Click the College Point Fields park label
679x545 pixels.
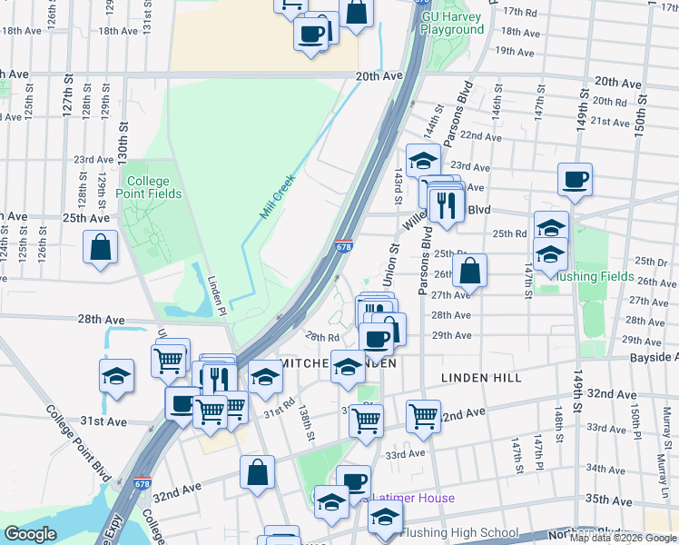(x=153, y=187)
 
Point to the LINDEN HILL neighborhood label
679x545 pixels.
(x=477, y=376)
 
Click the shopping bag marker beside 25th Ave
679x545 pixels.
(x=100, y=247)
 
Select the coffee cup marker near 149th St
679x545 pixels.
(x=575, y=179)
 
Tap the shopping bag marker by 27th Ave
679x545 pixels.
(x=470, y=270)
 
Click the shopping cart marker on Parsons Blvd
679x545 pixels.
(x=423, y=416)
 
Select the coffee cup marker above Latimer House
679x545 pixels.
(x=353, y=481)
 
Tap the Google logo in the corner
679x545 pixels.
(x=30, y=535)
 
